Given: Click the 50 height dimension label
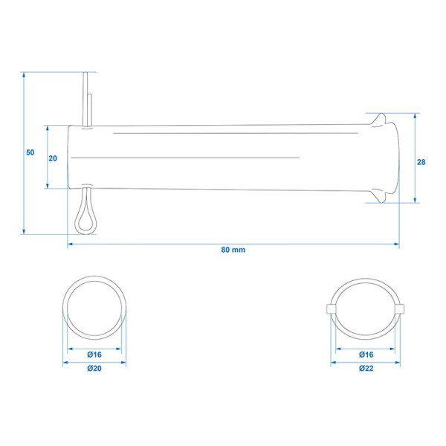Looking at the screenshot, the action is pos(30,152).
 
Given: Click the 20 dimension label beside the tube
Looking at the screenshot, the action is pos(53,158).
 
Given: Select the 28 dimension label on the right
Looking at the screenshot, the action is pos(421,162).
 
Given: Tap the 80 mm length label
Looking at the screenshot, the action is pos(233,250).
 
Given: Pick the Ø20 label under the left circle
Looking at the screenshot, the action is pos(94,369).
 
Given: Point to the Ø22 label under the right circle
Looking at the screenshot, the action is pos(366,369).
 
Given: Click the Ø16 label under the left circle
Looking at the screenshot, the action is pos(94,355).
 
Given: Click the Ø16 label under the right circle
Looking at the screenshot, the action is pos(366,355).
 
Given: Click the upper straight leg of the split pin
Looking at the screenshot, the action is pos(85,99).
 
